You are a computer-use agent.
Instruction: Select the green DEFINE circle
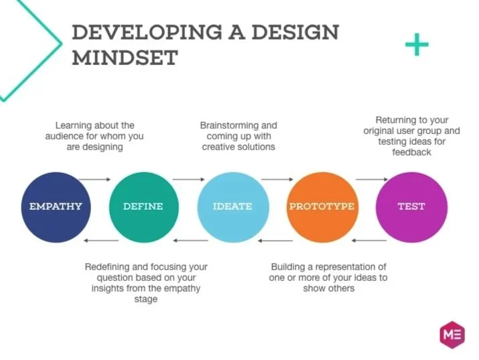[143, 206]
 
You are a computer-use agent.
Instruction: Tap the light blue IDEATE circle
[232, 206]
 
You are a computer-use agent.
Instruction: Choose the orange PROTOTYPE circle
[321, 206]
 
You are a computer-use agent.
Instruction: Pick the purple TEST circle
[411, 206]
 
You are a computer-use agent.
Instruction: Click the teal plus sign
[417, 45]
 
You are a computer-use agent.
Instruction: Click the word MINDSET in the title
[125, 57]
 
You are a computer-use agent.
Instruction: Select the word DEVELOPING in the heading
[143, 32]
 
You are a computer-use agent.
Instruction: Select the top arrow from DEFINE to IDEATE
[188, 180]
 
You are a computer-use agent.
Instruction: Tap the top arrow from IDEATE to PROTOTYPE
[277, 180]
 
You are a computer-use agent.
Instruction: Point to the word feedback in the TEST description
[411, 152]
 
